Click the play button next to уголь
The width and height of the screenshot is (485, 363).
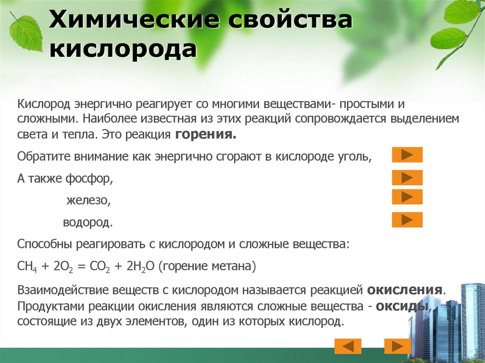coord(407,155)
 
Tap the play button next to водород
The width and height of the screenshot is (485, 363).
coord(407,220)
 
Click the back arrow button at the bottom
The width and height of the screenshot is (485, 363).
coord(348,346)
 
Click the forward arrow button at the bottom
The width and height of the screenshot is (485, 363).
coord(397,346)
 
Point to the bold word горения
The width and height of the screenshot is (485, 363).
coord(206,134)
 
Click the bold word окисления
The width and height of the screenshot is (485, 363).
coord(405,290)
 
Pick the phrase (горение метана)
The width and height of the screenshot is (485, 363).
coord(207,266)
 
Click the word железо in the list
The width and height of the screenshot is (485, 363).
coord(89,200)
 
